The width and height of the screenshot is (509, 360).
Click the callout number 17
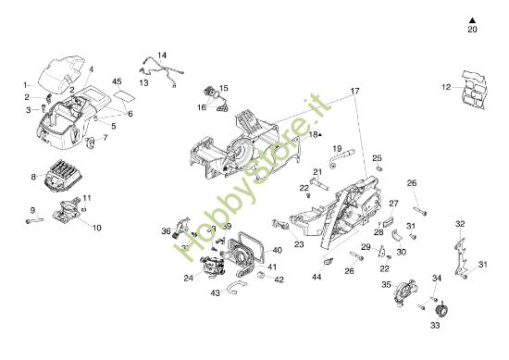click(354, 92)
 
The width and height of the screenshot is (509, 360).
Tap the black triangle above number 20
click(472, 19)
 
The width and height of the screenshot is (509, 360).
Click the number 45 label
click(118, 82)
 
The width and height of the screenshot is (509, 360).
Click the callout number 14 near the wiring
click(162, 56)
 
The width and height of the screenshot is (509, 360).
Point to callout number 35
click(385, 285)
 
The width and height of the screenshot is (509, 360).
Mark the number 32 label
click(460, 223)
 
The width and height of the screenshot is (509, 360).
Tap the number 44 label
click(317, 276)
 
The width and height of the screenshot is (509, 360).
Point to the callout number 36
click(167, 231)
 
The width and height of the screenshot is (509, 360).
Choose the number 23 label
click(299, 244)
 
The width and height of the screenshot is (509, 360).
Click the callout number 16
click(202, 107)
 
